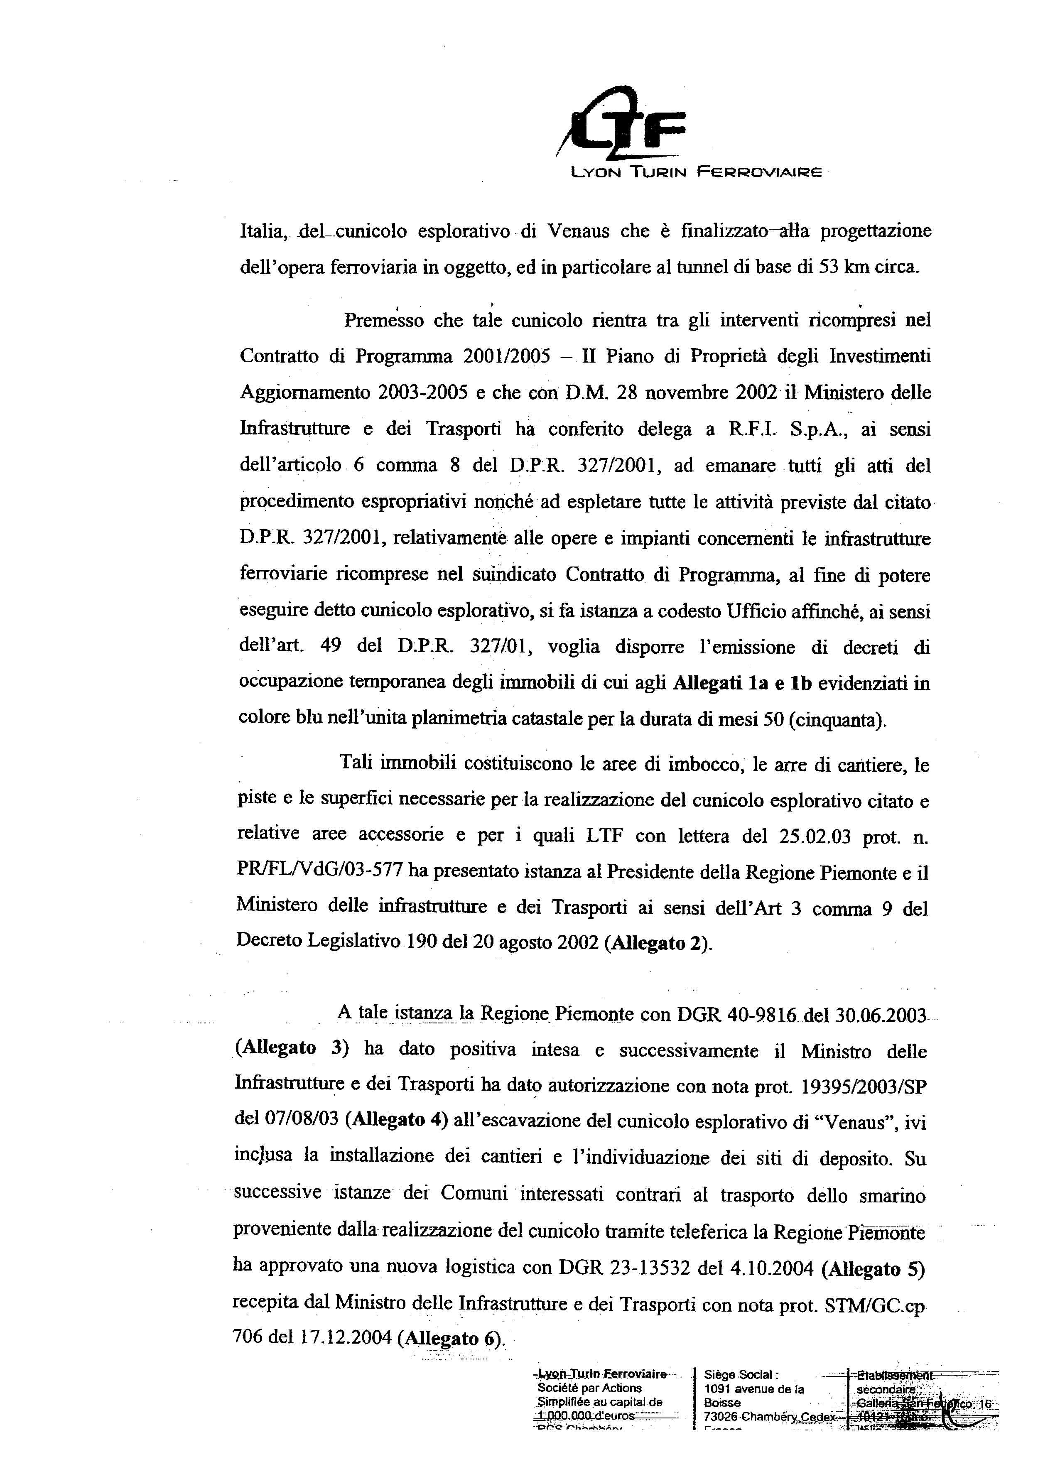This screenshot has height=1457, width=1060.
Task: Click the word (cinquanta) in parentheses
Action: coord(836,719)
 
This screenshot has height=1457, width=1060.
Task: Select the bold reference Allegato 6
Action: coord(451,1338)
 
